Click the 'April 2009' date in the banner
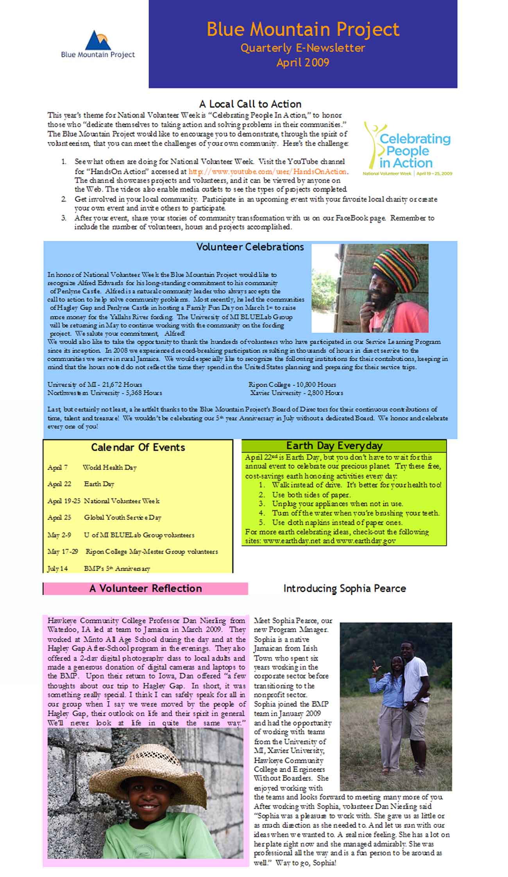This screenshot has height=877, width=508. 303,63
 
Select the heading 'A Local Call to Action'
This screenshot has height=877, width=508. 250,104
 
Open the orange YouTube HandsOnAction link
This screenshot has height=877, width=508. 268,171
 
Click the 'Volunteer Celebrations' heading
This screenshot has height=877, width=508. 250,247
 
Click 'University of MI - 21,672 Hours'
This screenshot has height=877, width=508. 95,384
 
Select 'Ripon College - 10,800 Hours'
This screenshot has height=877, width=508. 292,384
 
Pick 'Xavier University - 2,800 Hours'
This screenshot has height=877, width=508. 297,393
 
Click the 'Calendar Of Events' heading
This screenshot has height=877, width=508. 138,447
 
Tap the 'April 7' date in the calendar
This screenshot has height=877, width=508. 57,468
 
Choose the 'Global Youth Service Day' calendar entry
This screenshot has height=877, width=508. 123,518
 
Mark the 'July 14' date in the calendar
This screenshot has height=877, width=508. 57,568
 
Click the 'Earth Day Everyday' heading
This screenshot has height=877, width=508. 334,446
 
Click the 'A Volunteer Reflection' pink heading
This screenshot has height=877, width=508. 145,588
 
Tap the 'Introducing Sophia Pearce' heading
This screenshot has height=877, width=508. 345,588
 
